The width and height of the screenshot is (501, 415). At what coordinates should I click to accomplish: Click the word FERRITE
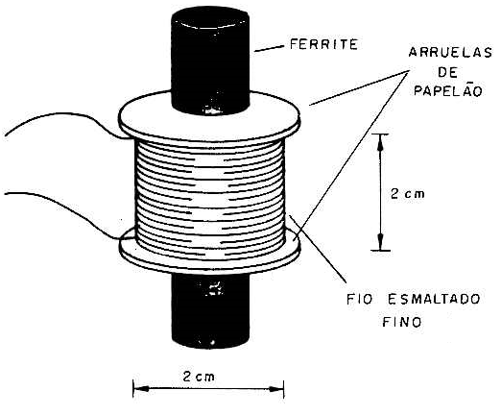(x=323, y=44)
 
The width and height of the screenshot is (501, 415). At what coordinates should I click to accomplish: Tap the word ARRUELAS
(x=450, y=52)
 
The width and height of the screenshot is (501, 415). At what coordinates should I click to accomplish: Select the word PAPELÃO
(x=448, y=90)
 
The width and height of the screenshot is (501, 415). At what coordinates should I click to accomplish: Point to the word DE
(x=447, y=73)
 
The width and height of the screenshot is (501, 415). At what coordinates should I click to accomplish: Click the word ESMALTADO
(x=434, y=300)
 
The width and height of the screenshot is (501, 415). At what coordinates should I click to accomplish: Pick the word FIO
(x=360, y=300)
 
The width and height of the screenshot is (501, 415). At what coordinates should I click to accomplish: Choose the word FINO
(x=402, y=322)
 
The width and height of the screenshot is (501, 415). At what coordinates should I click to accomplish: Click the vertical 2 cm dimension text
(x=408, y=193)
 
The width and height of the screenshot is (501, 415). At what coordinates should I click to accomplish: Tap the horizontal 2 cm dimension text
(x=199, y=377)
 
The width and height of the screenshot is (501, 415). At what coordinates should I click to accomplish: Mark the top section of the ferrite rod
(x=210, y=61)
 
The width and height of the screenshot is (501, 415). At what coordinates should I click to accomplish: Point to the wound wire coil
(x=210, y=199)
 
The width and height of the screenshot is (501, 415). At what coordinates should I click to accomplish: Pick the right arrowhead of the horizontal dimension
(x=276, y=389)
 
